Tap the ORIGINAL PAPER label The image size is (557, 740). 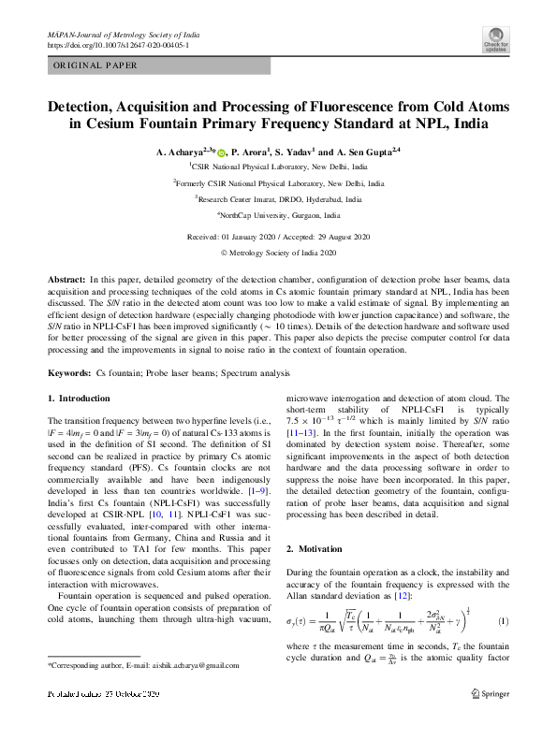[x=95, y=65]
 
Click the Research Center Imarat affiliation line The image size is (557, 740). [x=278, y=198]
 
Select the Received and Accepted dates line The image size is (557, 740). [x=278, y=237]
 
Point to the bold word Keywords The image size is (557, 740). [x=69, y=373]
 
